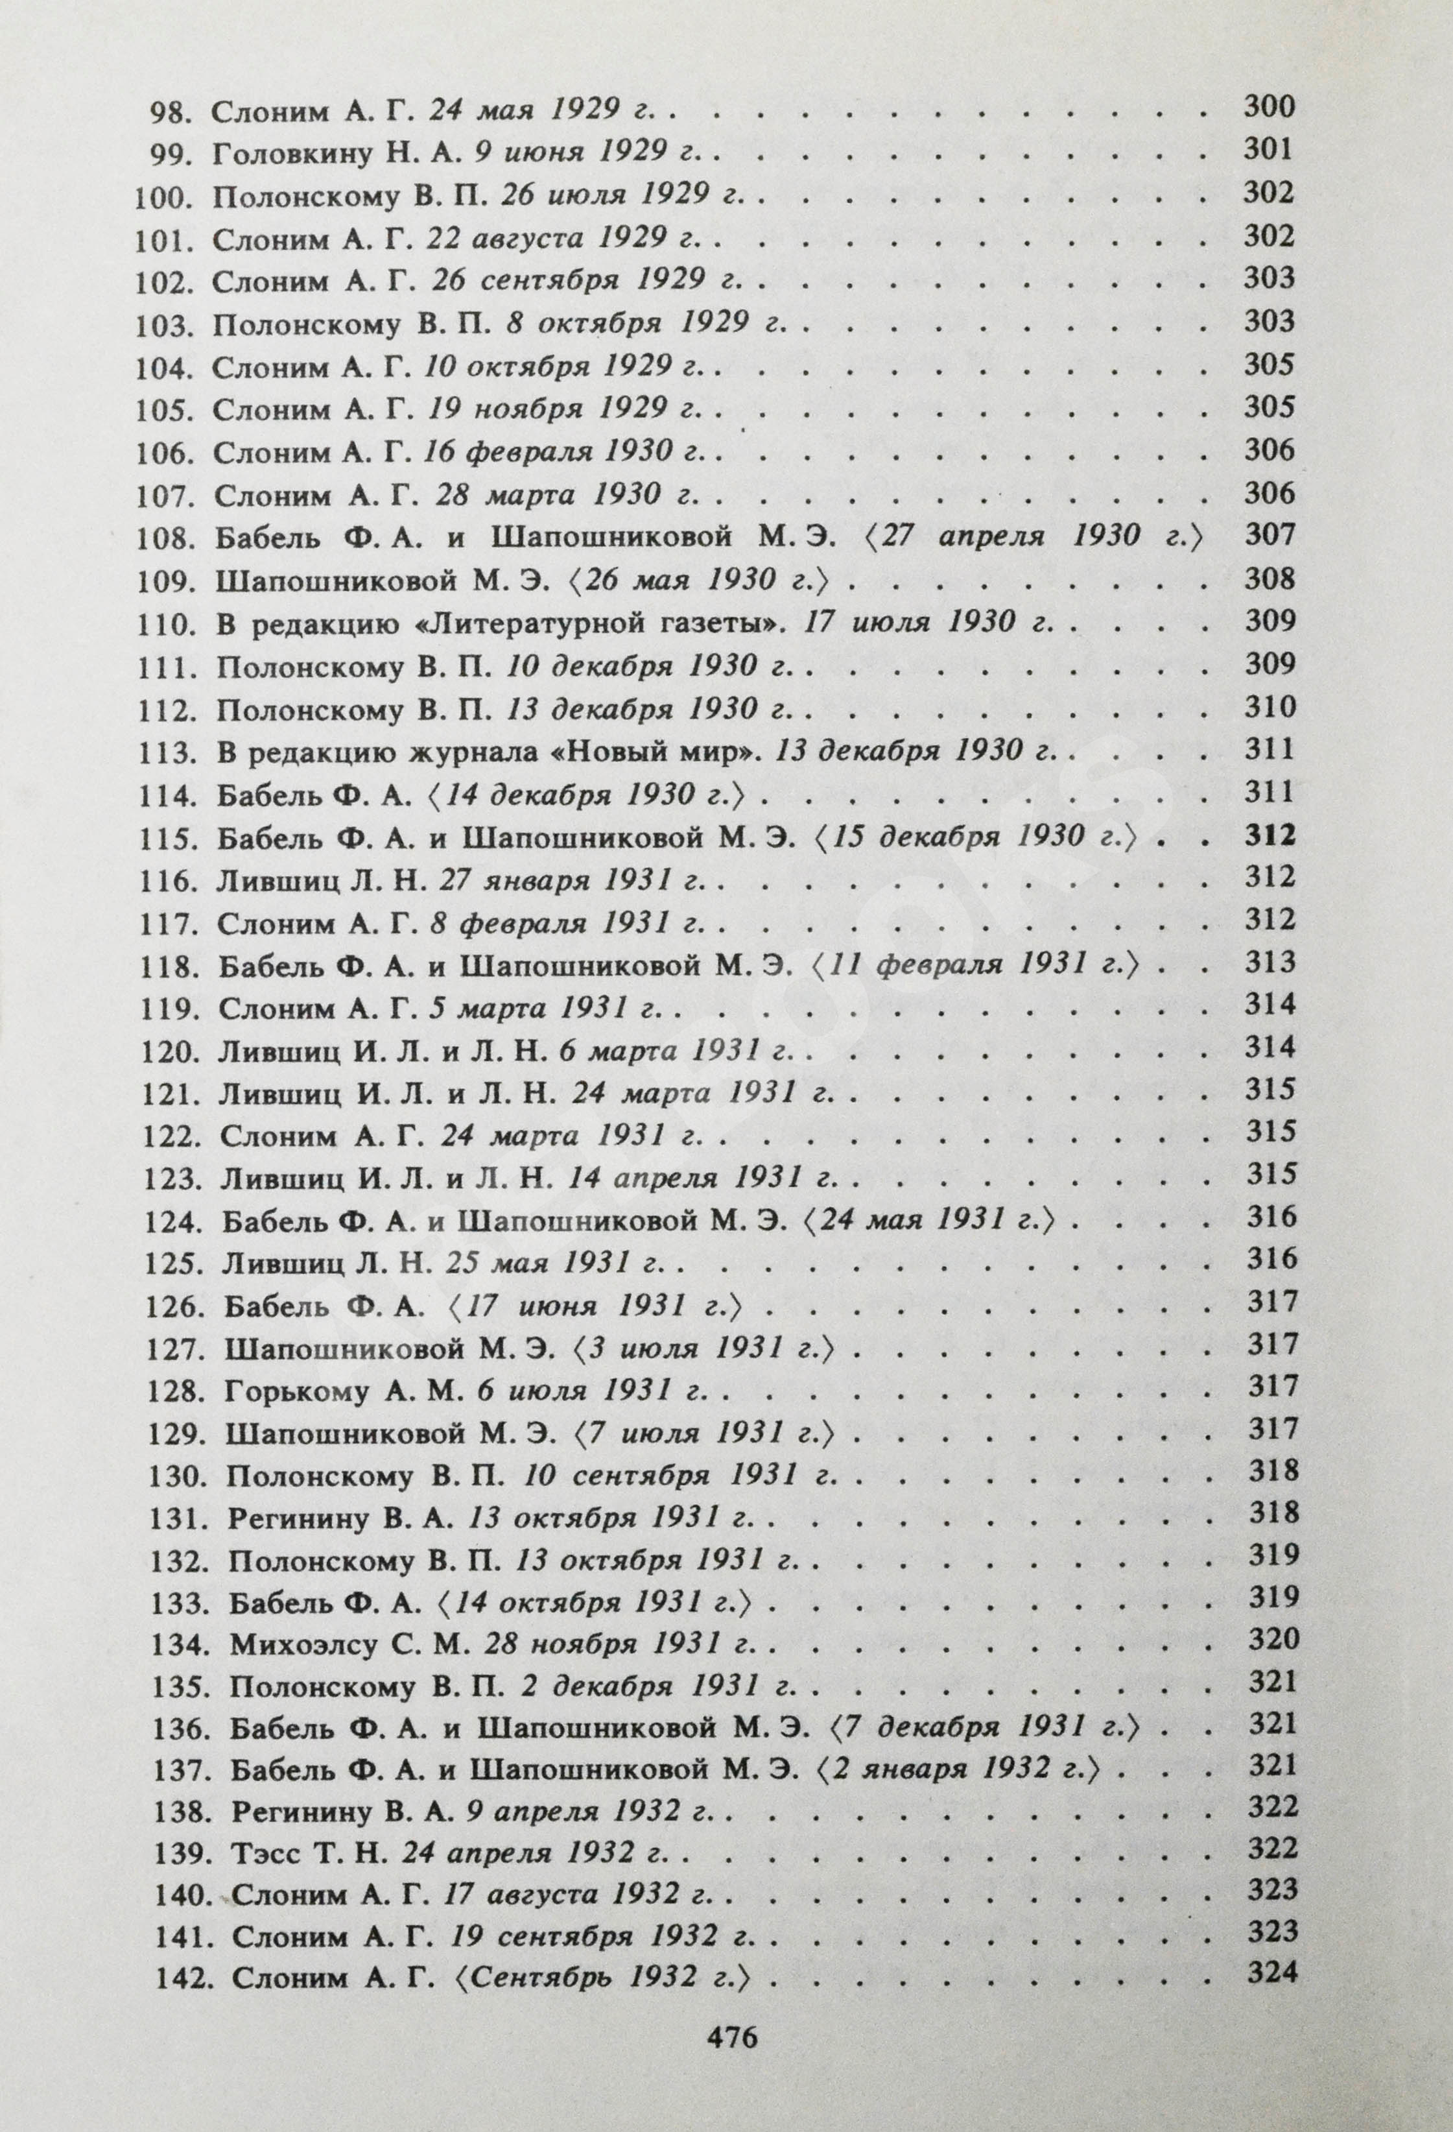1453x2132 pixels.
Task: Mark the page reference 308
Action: [1270, 579]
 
